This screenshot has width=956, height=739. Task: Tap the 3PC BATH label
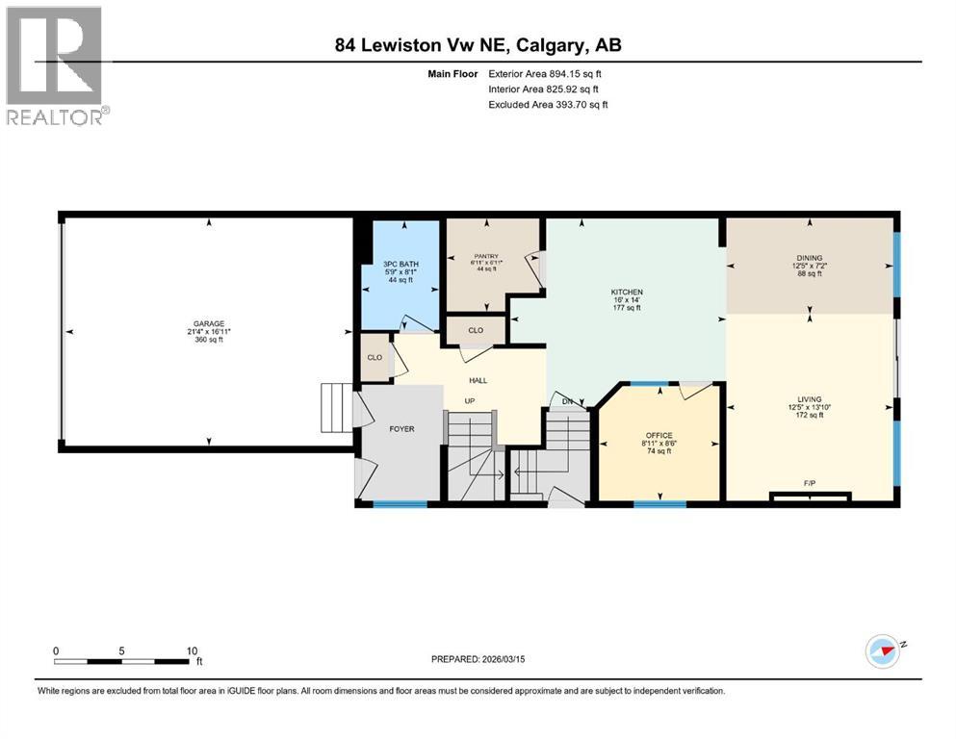(x=400, y=264)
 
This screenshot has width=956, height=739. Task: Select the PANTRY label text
(x=485, y=256)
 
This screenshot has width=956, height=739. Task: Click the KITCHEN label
(x=626, y=292)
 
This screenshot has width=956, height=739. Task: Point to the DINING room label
(x=809, y=257)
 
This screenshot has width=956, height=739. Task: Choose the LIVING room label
(x=809, y=398)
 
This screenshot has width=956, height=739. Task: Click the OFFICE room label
(x=659, y=435)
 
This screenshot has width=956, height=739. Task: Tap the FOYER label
(x=400, y=428)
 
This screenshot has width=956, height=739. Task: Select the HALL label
(x=478, y=380)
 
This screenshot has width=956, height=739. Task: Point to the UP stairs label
(x=470, y=400)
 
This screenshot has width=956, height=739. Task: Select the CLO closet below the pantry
(x=476, y=330)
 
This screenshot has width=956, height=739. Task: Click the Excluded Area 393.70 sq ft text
(x=548, y=104)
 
